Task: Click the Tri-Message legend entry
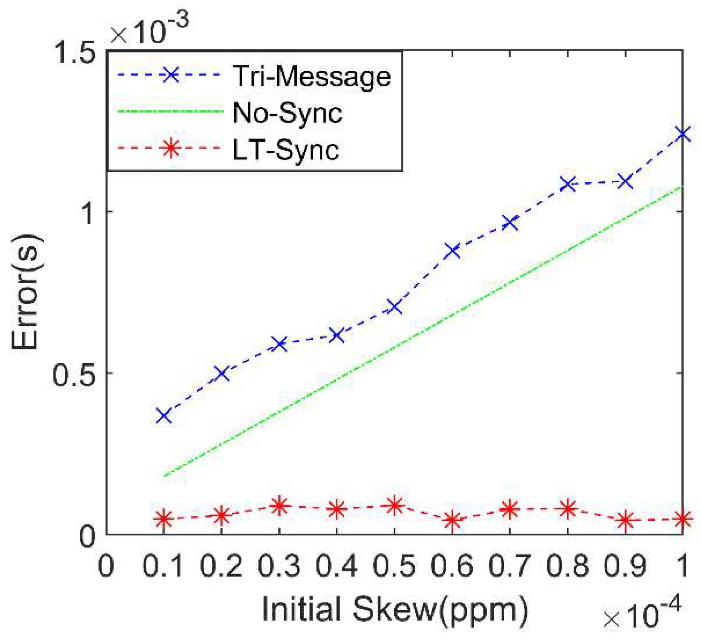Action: (312, 76)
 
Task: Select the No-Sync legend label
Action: (287, 113)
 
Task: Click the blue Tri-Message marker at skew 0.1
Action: (164, 415)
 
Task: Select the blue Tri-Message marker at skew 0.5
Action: (394, 306)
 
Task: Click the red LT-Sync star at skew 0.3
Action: (279, 506)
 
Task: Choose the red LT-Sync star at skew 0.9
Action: (625, 520)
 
